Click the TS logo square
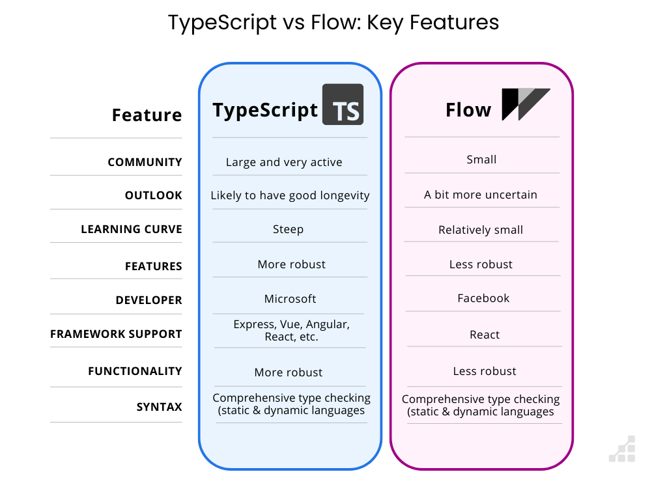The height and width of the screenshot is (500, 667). point(343,104)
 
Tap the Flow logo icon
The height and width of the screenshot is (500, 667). point(525,104)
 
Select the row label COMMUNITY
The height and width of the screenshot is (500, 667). point(145,162)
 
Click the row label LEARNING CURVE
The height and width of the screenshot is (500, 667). point(132,229)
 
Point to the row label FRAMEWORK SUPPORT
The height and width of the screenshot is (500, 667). point(116,334)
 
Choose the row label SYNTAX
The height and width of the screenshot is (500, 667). point(159,407)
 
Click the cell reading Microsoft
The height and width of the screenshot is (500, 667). point(290,299)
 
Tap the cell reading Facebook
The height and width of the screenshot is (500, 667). point(483,298)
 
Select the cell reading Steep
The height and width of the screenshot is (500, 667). point(288,229)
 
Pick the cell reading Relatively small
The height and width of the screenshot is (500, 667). point(481,230)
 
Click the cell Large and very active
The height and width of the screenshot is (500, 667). point(284,162)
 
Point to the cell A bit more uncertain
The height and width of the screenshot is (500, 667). point(481,195)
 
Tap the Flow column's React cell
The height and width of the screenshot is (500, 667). point(485,335)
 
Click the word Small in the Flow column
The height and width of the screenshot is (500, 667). point(482,160)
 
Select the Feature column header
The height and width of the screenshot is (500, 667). point(147,115)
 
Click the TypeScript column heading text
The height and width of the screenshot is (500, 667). point(265,111)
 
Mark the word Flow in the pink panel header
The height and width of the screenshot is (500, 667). point(468,110)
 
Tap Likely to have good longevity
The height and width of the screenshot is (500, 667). point(290,195)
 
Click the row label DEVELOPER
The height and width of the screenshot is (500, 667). point(149,300)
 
